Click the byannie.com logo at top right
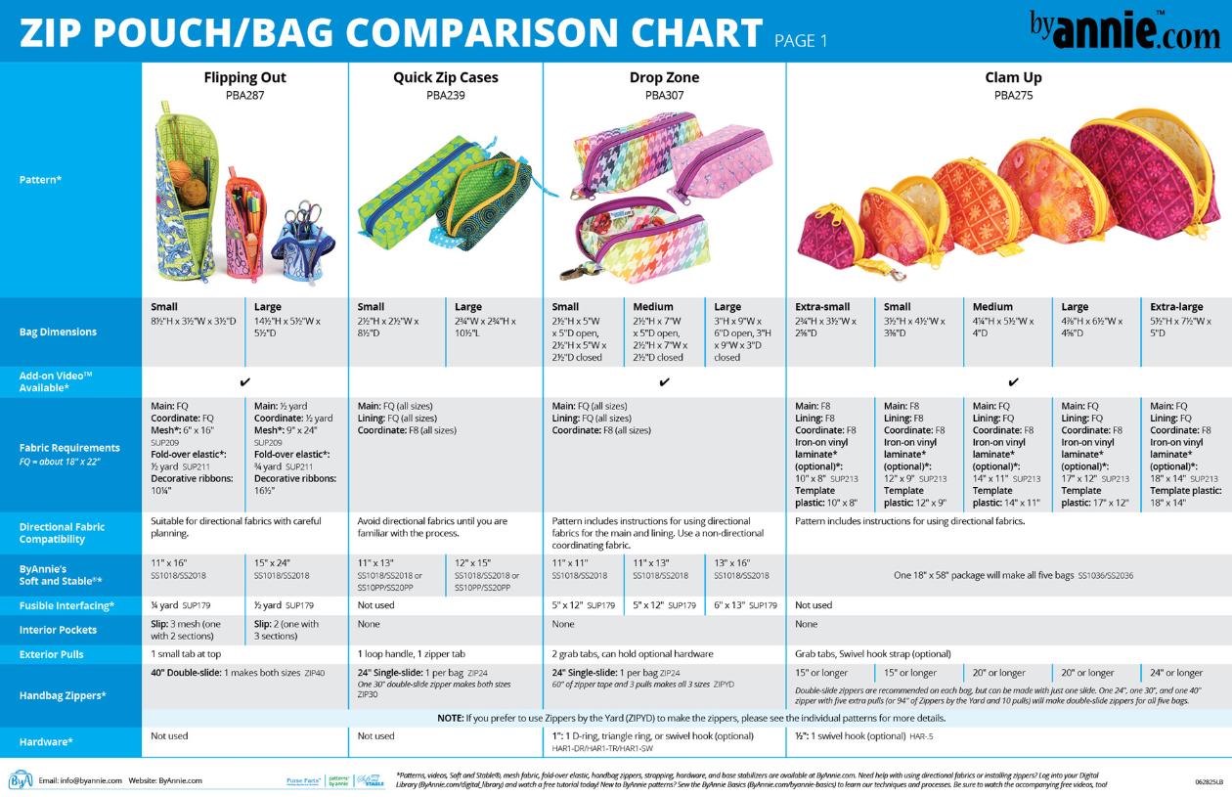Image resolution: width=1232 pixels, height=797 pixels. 1124,30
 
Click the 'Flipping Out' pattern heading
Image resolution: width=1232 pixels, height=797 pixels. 245,77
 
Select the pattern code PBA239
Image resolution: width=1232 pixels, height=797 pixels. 446,96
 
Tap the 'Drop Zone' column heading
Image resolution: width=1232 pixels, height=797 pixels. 664,77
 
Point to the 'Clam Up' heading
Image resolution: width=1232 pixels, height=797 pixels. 1013,77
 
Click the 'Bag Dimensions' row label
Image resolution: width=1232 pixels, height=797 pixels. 58,332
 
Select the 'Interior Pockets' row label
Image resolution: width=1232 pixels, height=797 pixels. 58,630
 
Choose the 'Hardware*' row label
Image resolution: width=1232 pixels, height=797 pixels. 46,741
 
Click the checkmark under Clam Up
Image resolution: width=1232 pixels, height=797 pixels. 1013,382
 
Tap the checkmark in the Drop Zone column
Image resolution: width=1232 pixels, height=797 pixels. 664,382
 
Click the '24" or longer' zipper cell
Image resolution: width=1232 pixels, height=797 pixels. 1176,673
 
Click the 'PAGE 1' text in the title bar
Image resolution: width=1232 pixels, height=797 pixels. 801,41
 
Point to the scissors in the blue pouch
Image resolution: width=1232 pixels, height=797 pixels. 303,217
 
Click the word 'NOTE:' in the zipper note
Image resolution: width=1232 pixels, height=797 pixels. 451,718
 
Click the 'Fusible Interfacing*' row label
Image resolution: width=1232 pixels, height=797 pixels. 66,606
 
